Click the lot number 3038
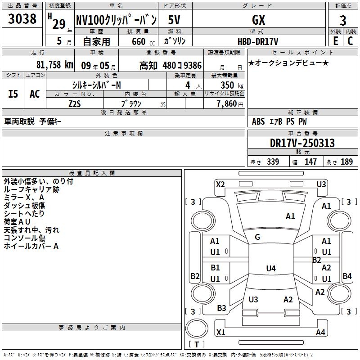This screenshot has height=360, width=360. pyautogui.click(x=22, y=18)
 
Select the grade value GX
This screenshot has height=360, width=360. pyautogui.click(x=258, y=20)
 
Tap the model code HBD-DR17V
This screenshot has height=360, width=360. pyautogui.click(x=258, y=41)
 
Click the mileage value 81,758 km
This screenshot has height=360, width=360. pyautogui.click(x=54, y=65)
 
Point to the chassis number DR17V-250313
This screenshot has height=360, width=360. pyautogui.click(x=302, y=143)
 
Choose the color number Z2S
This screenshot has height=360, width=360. pyautogui.click(x=75, y=104)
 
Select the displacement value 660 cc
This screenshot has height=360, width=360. pyautogui.click(x=143, y=42)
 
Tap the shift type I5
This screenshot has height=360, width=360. pyautogui.click(x=13, y=94)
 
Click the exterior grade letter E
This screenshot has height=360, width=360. pyautogui.click(x=335, y=41)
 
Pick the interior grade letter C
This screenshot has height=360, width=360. pyautogui.click(x=350, y=41)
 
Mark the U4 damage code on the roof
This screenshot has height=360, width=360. pyautogui.click(x=271, y=268)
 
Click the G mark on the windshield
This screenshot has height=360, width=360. pyautogui.click(x=257, y=237)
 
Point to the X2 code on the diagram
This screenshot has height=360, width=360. pyautogui.click(x=220, y=184)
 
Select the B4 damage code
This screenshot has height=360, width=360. pyautogui.click(x=347, y=276)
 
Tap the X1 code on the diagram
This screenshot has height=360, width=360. pyautogui.click(x=220, y=332)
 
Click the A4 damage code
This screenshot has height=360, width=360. pyautogui.click(x=320, y=332)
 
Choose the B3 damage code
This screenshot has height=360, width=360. pyautogui.click(x=221, y=308)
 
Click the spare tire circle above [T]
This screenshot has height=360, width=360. pyautogui.click(x=197, y=328)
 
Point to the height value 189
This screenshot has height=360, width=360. pyautogui.click(x=346, y=162)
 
